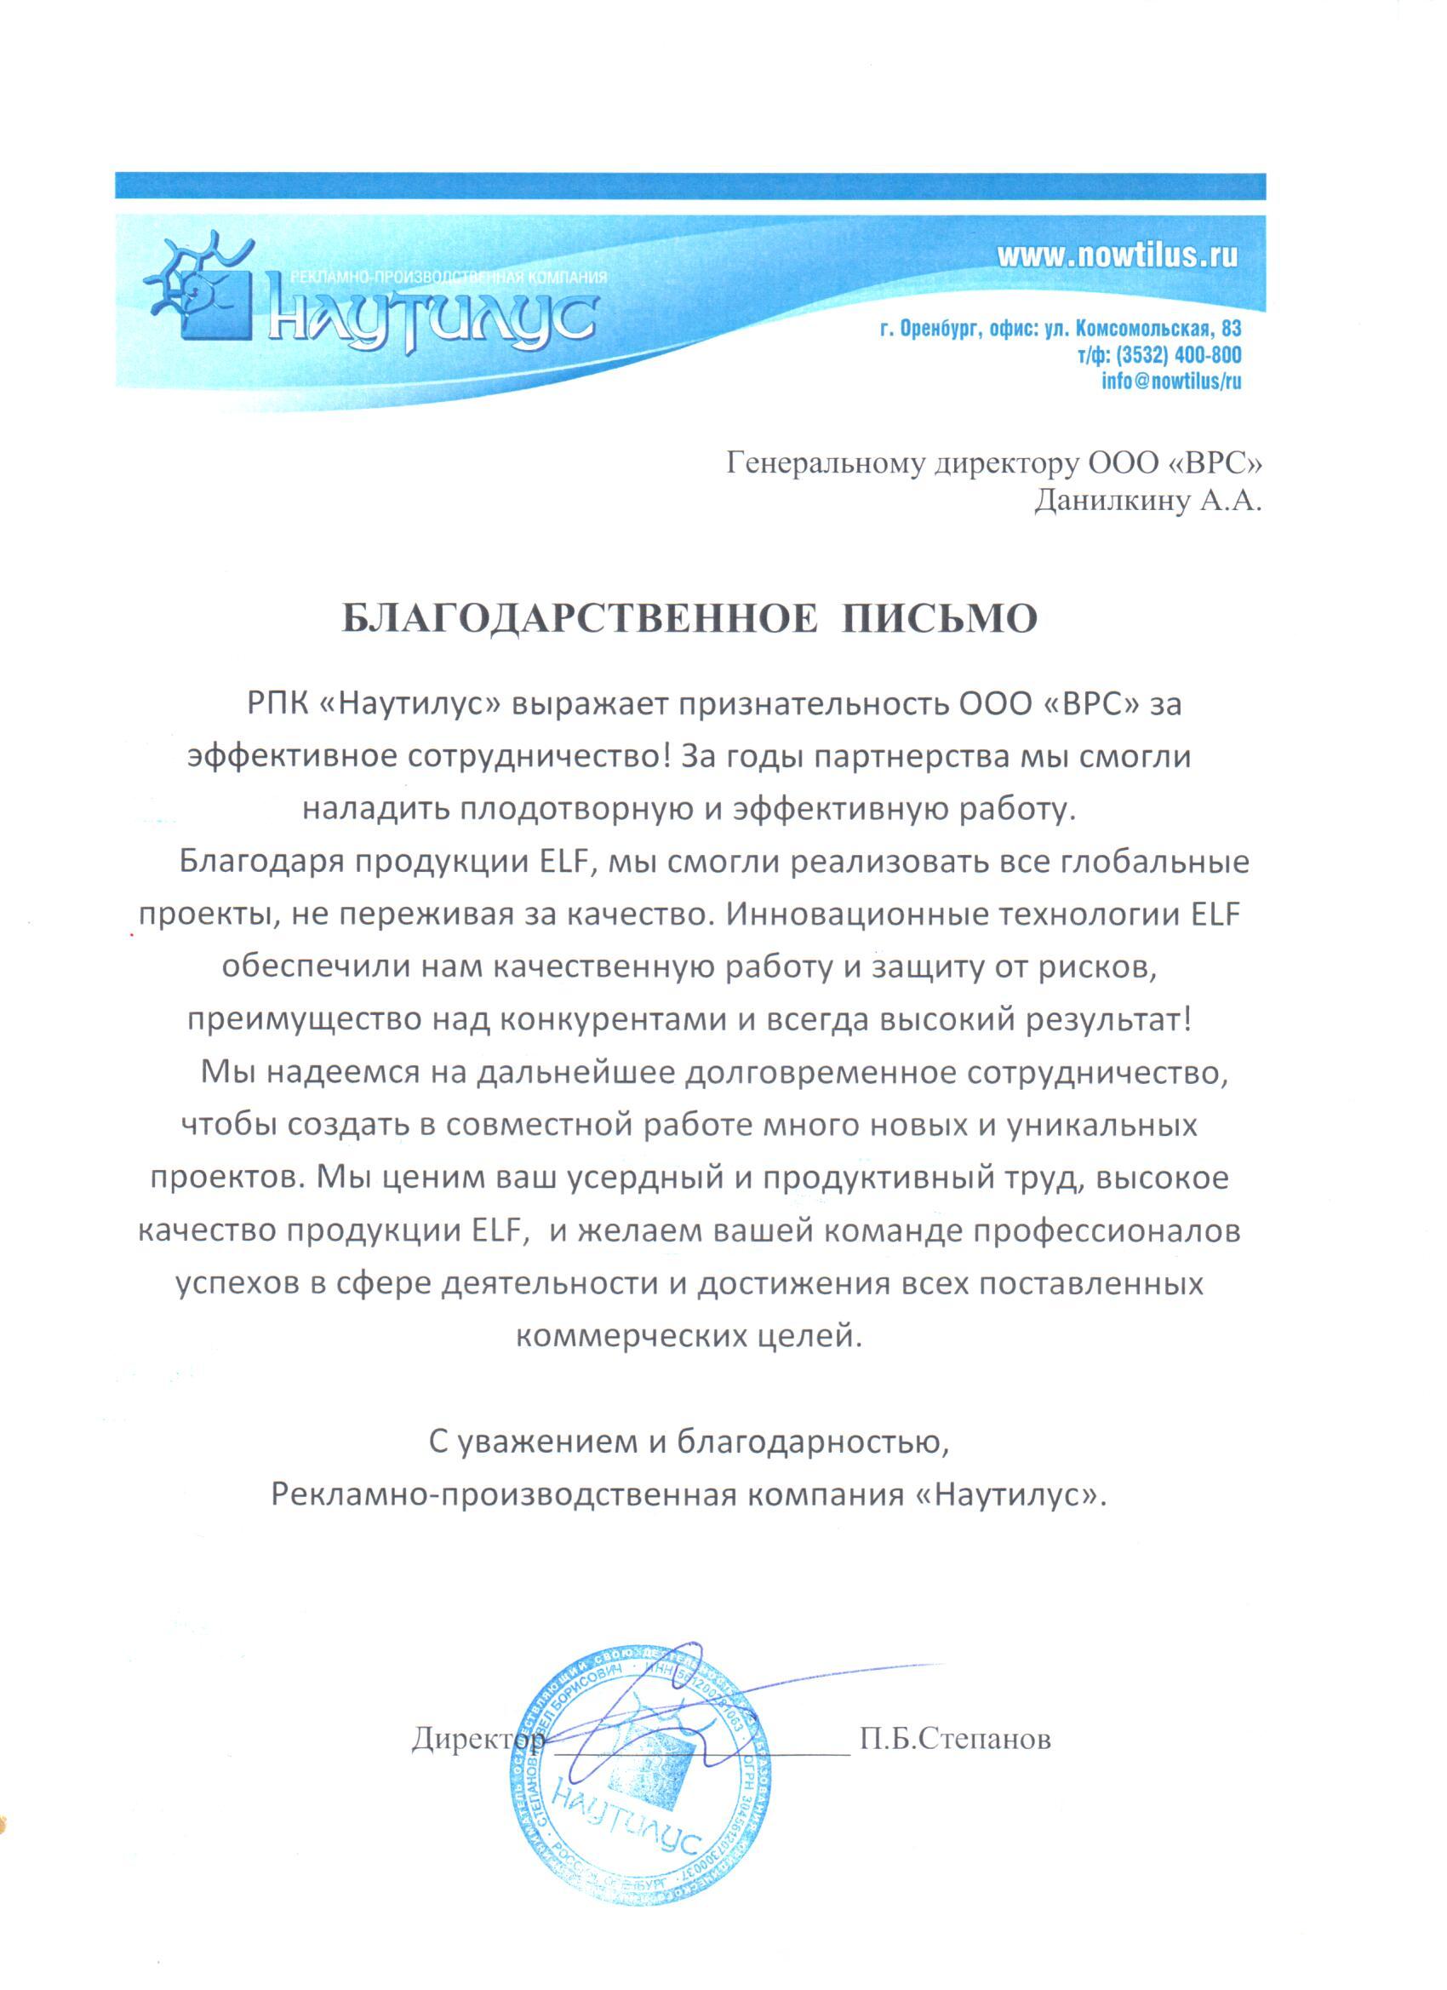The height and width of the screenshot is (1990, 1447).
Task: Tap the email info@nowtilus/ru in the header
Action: pyautogui.click(x=1170, y=381)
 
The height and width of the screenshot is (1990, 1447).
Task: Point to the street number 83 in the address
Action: pyautogui.click(x=1231, y=329)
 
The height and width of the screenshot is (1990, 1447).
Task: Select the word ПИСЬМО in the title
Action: pyautogui.click(x=939, y=619)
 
